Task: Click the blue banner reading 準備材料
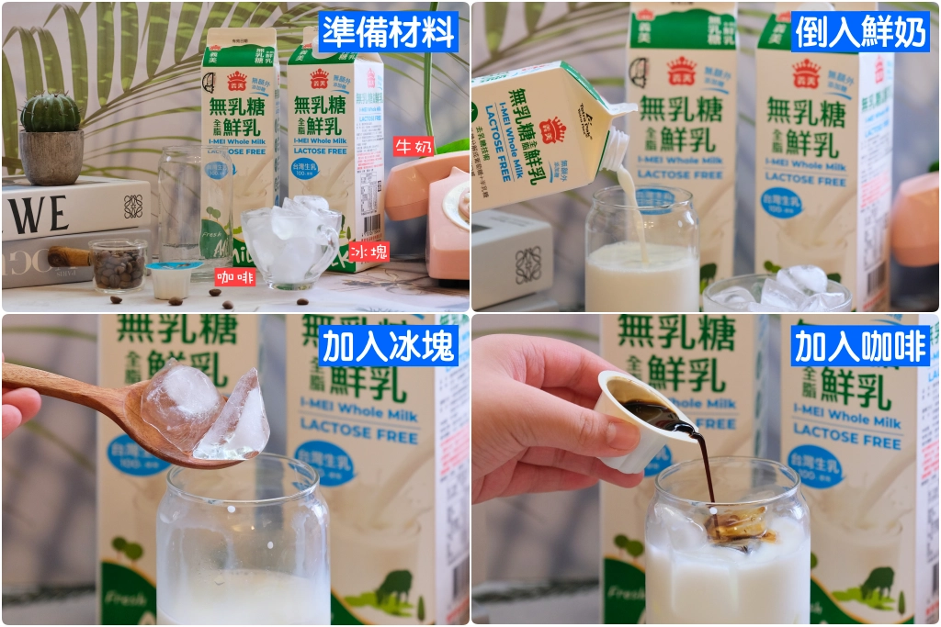click(x=388, y=31)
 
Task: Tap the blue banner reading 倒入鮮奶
click(x=859, y=31)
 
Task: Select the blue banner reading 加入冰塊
click(x=388, y=345)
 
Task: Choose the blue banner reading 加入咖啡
click(x=861, y=345)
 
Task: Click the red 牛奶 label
click(x=413, y=146)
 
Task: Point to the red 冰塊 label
click(x=368, y=251)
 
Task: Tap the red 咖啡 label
click(x=235, y=276)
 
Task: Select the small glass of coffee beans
click(x=118, y=264)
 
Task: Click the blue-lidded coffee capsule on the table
click(x=173, y=278)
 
